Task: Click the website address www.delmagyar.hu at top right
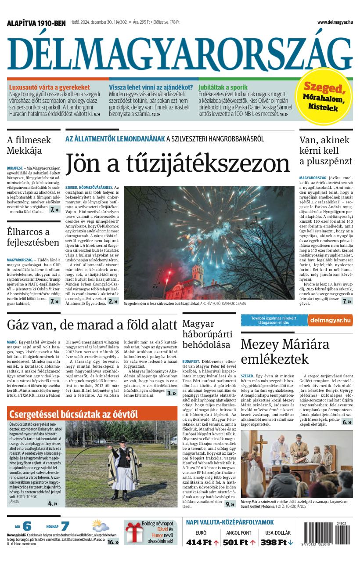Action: click(x=335, y=22)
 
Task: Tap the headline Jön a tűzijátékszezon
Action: click(x=178, y=163)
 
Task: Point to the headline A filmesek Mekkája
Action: click(x=29, y=145)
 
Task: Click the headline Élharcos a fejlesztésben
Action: click(x=33, y=237)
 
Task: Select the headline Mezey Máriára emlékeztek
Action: click(x=285, y=351)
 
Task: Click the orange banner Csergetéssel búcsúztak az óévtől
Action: click(x=74, y=414)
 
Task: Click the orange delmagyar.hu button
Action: click(x=330, y=320)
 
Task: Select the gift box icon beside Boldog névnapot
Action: click(x=132, y=532)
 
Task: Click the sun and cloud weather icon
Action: click(x=101, y=526)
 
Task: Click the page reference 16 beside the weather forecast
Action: click(x=113, y=542)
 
